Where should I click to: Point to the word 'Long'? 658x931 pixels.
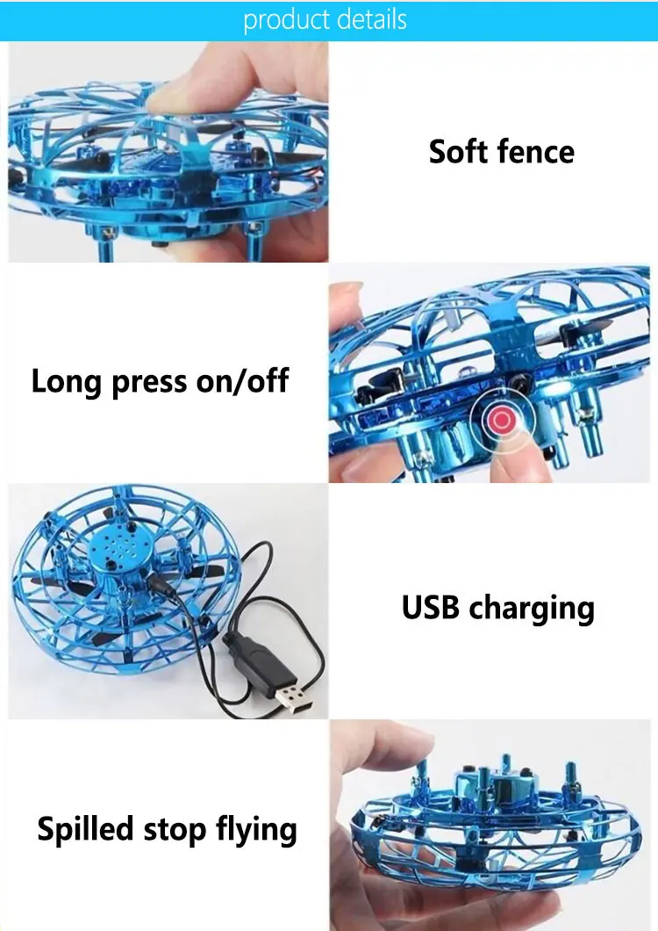(66, 382)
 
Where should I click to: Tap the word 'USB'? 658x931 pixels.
(430, 607)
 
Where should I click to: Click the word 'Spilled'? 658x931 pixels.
(85, 829)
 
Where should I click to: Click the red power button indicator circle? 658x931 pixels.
(502, 421)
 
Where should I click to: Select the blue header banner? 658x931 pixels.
(329, 20)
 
